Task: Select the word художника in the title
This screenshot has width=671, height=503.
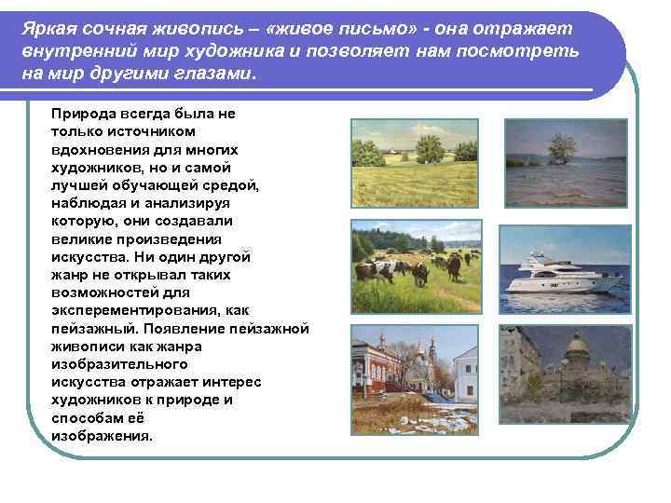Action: pyautogui.click(x=279, y=51)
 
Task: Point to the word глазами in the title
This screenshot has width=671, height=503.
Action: pyautogui.click(x=215, y=74)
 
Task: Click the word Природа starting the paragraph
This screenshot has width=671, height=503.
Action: pyautogui.click(x=83, y=114)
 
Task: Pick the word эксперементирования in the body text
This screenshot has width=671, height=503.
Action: pyautogui.click(x=127, y=311)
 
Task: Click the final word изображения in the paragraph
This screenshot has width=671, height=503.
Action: pyautogui.click(x=101, y=436)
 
